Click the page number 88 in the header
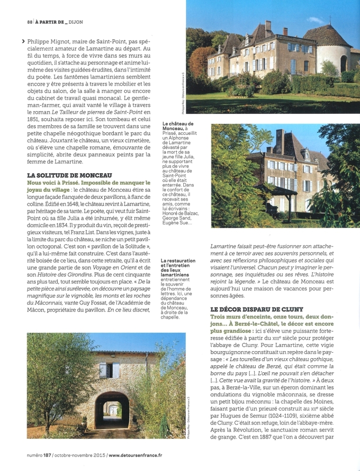29,22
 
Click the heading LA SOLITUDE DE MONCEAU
69,175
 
